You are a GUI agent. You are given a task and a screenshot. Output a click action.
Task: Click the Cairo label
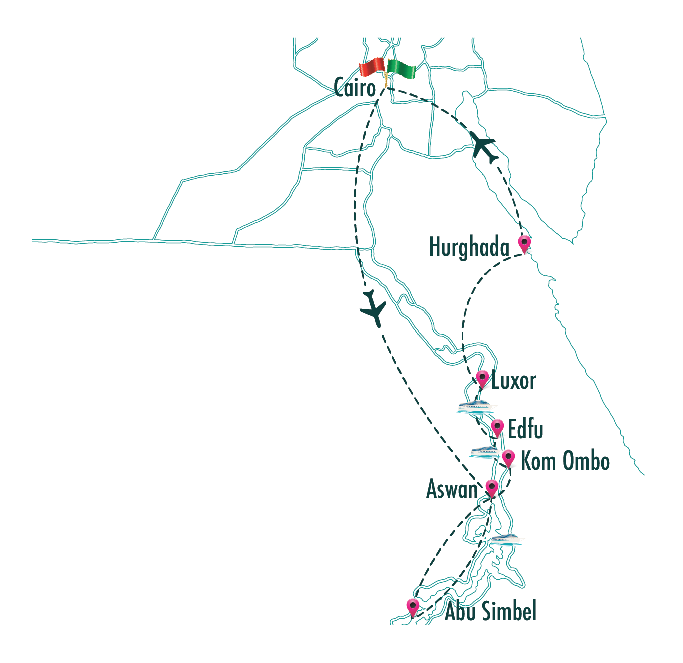click(x=355, y=88)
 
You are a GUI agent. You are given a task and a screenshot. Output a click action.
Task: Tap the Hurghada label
click(x=469, y=247)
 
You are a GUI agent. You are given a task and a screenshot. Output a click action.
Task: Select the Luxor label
click(x=513, y=381)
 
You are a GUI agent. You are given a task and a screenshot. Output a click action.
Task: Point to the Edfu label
click(x=525, y=429)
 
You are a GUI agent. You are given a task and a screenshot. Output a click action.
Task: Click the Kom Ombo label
click(x=565, y=461)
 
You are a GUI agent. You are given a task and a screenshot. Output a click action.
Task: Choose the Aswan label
click(x=452, y=489)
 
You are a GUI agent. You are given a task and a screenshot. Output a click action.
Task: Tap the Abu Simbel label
click(x=490, y=611)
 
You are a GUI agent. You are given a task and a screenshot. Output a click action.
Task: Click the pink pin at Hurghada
click(x=524, y=243)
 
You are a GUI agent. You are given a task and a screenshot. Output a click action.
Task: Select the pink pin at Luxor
click(x=482, y=378)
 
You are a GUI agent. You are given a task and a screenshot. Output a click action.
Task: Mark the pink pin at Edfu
click(x=497, y=427)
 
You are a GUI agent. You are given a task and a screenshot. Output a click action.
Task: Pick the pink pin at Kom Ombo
click(x=508, y=458)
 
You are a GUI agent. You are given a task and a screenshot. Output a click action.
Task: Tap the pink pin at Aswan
click(x=492, y=487)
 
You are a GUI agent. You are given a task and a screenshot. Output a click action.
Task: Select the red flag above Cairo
click(x=372, y=67)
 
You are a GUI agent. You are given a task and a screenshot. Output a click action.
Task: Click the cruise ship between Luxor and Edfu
click(x=476, y=406)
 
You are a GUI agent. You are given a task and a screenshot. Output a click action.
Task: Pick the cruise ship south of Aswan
click(x=505, y=540)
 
